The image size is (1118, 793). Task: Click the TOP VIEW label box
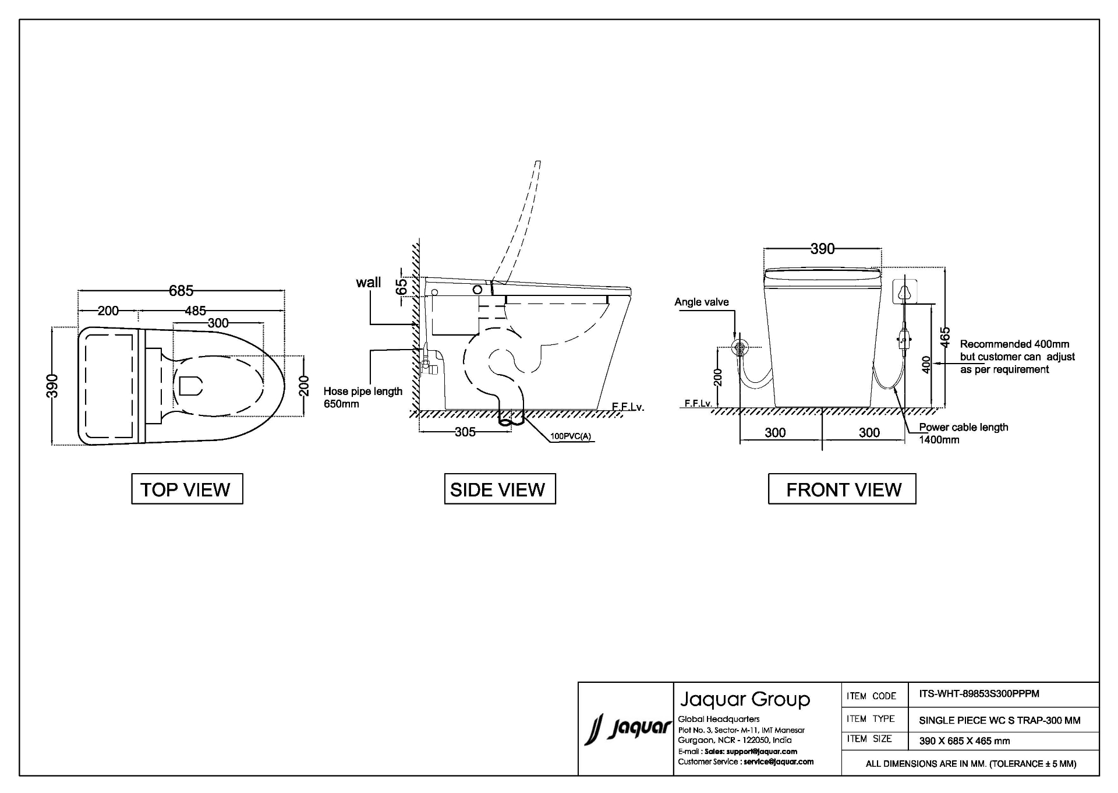coord(187,489)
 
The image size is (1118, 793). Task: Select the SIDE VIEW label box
coord(500,489)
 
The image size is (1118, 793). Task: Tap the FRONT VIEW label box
coord(842,489)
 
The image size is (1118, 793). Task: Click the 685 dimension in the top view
coord(181,290)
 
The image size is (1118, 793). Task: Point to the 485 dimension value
coord(196,311)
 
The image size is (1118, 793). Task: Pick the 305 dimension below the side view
coord(465,432)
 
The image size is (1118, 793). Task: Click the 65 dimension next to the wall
coord(402,287)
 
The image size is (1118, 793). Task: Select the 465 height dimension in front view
coord(946,337)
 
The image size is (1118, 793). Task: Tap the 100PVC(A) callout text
coord(571,436)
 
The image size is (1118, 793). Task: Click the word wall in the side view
coord(369,283)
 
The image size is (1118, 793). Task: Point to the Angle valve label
coord(702,302)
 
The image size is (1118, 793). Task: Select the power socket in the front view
coord(904,291)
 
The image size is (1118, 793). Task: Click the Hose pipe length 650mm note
coord(363,397)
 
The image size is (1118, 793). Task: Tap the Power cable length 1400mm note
coord(963,433)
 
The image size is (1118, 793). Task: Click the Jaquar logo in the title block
coord(628,729)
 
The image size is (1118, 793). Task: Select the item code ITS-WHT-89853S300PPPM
coord(979,694)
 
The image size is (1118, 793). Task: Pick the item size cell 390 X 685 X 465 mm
coord(965,741)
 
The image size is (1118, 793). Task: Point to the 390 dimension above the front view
coord(822,249)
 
